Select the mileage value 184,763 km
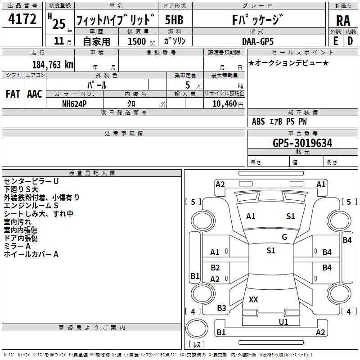pyautogui.click(x=53, y=64)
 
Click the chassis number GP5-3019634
pyautogui.click(x=302, y=143)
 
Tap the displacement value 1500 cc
pyautogui.click(x=139, y=41)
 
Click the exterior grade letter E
pyautogui.click(x=336, y=40)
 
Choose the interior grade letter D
pyautogui.click(x=350, y=40)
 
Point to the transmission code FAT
pyautogui.click(x=13, y=94)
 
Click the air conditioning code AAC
pyautogui.click(x=35, y=94)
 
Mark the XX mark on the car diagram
pyautogui.click(x=253, y=299)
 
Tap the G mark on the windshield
pyautogui.click(x=284, y=237)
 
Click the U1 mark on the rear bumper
pyautogui.click(x=283, y=322)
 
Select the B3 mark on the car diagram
pyautogui.click(x=221, y=308)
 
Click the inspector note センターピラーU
pyautogui.click(x=31, y=181)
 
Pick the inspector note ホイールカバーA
pyautogui.click(x=31, y=254)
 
